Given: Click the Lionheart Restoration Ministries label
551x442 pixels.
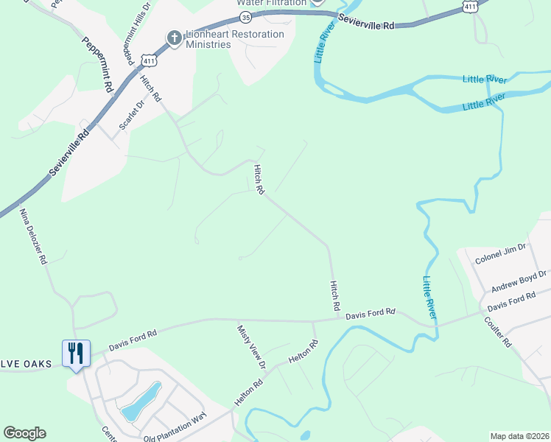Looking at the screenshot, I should click(x=234, y=39).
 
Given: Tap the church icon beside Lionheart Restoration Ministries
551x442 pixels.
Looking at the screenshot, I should click(x=174, y=38).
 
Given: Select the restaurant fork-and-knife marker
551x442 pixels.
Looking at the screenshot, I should click(x=75, y=354).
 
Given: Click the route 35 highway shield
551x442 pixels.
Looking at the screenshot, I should click(x=245, y=16).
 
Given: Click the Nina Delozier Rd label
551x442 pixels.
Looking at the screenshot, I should click(x=33, y=236).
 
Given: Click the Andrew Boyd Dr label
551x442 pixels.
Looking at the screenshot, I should click(x=519, y=281).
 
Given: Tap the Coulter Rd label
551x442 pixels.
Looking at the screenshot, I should click(x=498, y=331).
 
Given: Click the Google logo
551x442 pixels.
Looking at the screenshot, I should click(x=24, y=433).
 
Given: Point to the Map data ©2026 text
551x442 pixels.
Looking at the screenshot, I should click(x=519, y=436).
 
